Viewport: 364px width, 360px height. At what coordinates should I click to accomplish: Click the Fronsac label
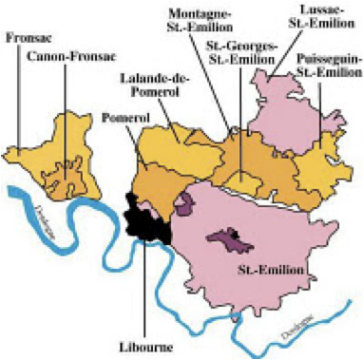point(27,40)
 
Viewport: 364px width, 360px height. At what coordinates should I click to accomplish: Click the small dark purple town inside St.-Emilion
point(232,238)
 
